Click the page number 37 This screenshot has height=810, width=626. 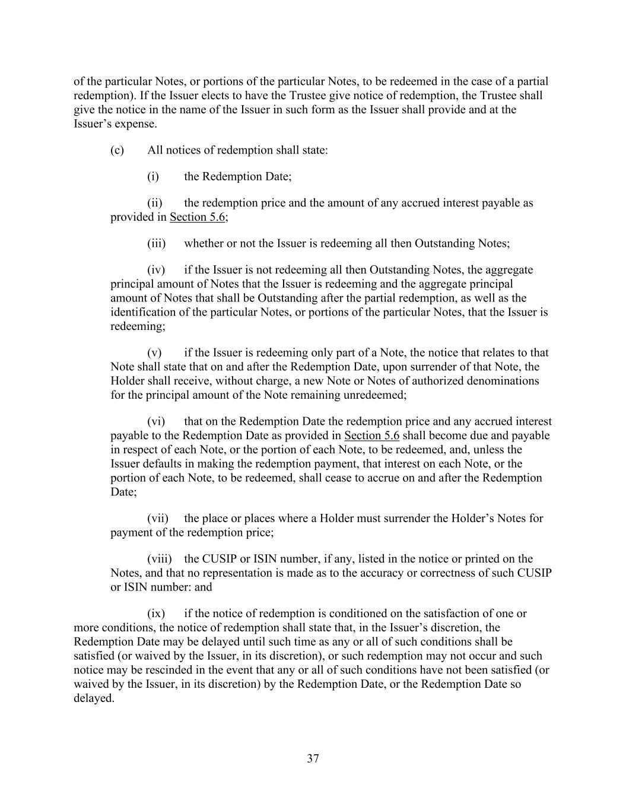click(313, 758)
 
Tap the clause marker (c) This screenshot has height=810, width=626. click(117, 150)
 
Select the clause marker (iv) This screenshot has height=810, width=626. click(156, 270)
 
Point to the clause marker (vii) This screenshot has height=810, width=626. click(157, 519)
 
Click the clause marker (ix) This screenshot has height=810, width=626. click(155, 614)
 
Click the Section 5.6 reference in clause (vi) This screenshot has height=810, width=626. click(371, 436)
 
